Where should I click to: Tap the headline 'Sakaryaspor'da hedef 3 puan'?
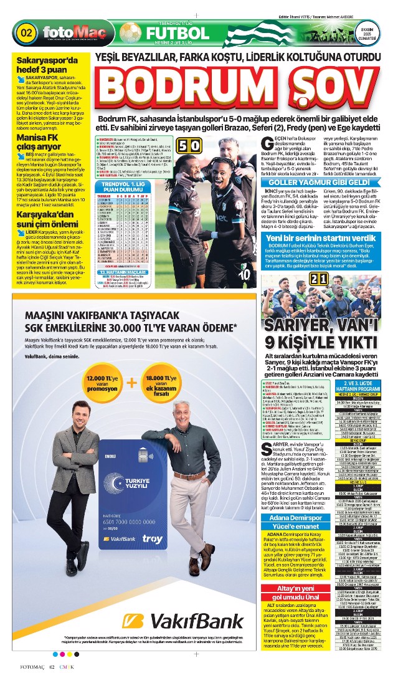point(47,65)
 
